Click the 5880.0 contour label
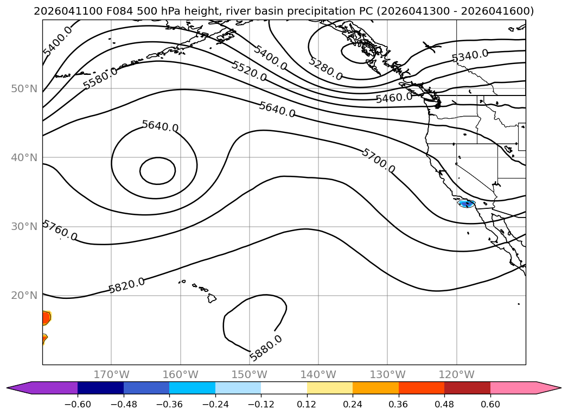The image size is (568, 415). [265, 348]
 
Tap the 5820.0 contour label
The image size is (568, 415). [127, 285]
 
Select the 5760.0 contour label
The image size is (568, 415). [60, 231]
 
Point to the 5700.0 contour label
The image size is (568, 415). [378, 161]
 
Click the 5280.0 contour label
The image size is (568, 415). [326, 68]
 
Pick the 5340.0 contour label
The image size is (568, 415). [470, 56]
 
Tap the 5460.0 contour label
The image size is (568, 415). [394, 98]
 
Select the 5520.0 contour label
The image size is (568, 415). [249, 71]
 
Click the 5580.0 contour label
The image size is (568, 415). [100, 78]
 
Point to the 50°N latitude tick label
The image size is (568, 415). [24, 89]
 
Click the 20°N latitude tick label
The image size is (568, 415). [24, 296]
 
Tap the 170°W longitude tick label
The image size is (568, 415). [111, 374]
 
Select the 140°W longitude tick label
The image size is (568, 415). [318, 374]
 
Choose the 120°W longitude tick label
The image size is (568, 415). [456, 374]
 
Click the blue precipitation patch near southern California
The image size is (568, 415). [467, 203]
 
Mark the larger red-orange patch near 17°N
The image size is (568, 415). [46, 318]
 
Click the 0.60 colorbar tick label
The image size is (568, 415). [490, 404]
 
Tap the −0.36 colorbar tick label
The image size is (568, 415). [169, 404]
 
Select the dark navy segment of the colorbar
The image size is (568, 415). [100, 388]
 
